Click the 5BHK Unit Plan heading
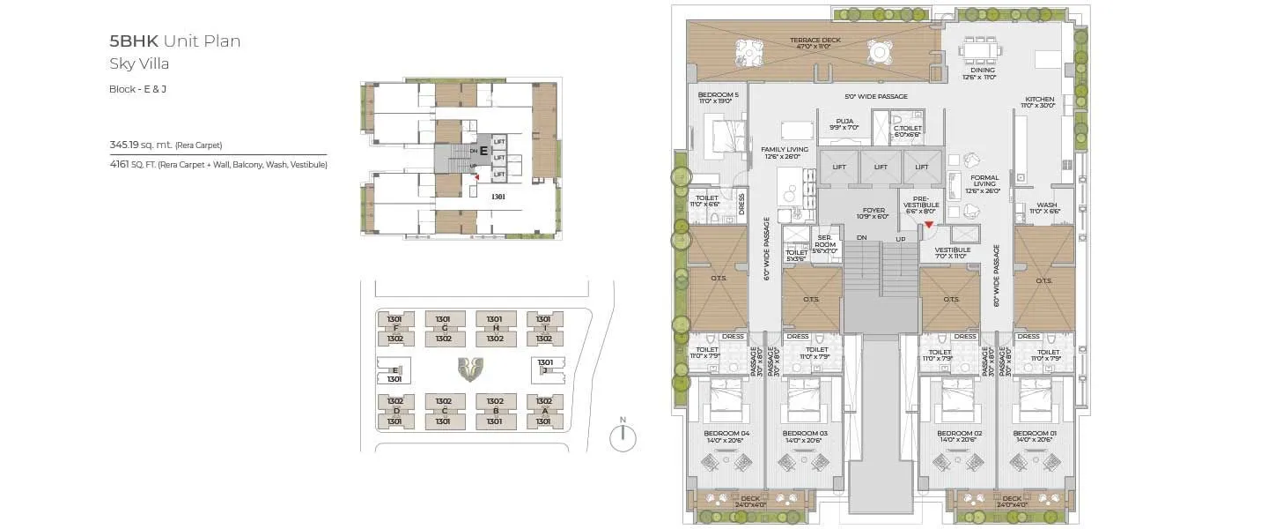tap(174, 41)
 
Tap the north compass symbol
tap(623, 437)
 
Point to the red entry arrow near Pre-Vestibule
tap(929, 225)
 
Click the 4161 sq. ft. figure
tap(120, 164)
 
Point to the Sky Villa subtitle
tap(139, 63)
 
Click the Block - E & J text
tap(137, 89)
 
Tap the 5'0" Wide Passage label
tap(875, 96)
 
